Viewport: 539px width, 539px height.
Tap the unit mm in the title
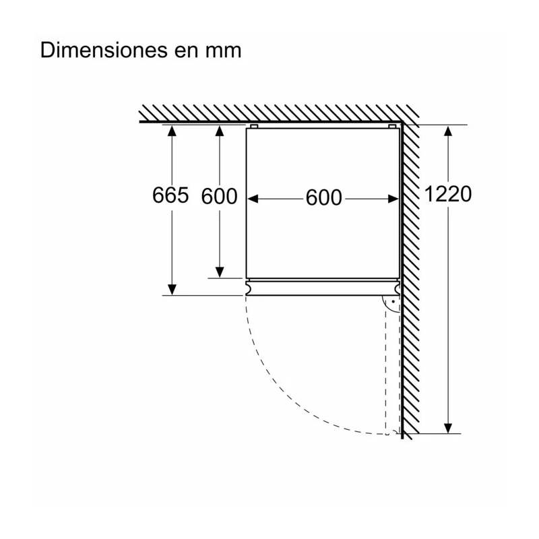[223, 53]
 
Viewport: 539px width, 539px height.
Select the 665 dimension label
[170, 195]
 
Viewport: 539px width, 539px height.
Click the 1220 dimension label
[447, 194]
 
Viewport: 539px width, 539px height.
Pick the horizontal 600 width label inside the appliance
[323, 197]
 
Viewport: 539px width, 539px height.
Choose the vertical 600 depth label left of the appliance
[219, 196]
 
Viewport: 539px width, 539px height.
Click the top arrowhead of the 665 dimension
[172, 131]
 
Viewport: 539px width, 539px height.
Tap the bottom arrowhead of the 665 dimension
[172, 290]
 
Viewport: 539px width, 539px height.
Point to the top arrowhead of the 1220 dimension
[448, 131]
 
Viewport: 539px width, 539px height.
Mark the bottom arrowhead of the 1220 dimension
[448, 429]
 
